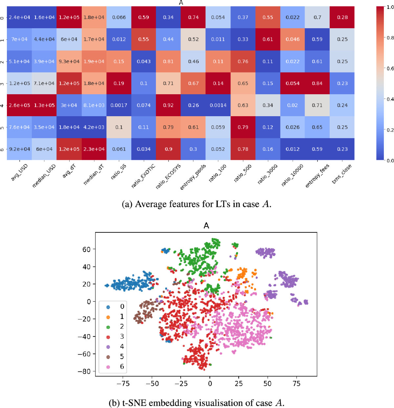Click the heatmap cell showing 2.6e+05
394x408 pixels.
click(x=19, y=105)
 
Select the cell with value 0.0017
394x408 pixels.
click(x=119, y=105)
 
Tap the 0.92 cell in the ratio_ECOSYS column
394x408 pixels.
click(x=168, y=105)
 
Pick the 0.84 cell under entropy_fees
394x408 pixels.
click(x=317, y=83)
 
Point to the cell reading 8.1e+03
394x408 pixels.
click(x=94, y=105)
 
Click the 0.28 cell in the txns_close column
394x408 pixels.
click(x=342, y=17)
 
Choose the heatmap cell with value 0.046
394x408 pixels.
click(x=292, y=39)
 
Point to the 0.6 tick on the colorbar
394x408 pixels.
click(x=390, y=69)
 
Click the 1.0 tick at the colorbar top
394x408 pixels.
click(x=390, y=7)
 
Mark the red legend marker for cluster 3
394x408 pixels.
click(x=108, y=337)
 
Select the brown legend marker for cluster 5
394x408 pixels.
click(x=108, y=357)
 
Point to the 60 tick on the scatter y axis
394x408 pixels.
click(x=86, y=249)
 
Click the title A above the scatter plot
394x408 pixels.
click(x=206, y=226)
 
